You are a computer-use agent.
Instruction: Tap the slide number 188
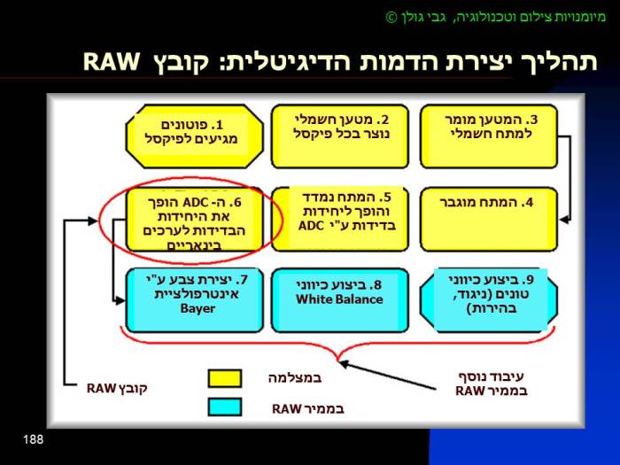click(33, 439)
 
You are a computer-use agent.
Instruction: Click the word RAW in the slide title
click(112, 62)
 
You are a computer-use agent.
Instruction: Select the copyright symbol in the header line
click(392, 17)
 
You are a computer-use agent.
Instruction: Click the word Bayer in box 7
click(198, 309)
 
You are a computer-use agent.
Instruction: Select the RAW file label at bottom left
click(115, 388)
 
